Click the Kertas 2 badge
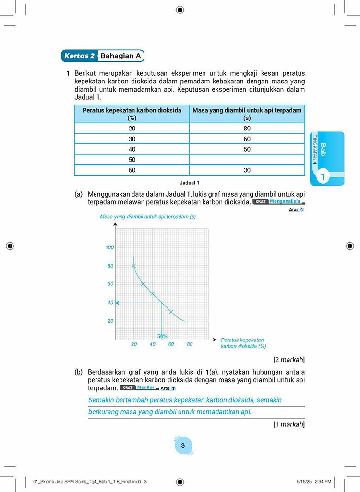(x=79, y=56)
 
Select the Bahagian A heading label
(x=120, y=56)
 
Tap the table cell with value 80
(x=247, y=129)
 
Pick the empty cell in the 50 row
(x=247, y=160)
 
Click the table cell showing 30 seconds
(x=247, y=170)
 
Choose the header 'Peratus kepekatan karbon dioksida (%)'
(x=132, y=114)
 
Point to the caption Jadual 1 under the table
(x=189, y=183)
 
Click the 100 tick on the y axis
(x=109, y=247)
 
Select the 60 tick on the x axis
(x=171, y=344)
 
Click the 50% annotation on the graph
(x=162, y=336)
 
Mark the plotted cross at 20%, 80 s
(x=134, y=266)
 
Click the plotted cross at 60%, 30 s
(x=171, y=312)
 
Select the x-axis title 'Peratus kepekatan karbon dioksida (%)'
(x=243, y=342)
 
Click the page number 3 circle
(x=182, y=446)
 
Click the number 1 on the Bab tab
(x=323, y=177)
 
